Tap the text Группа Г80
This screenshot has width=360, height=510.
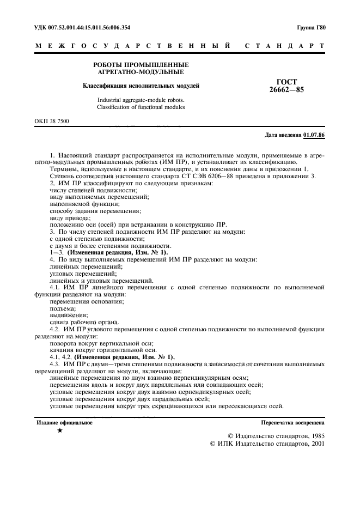click(x=312, y=27)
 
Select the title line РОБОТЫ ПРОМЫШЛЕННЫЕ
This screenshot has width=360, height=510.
click(x=141, y=64)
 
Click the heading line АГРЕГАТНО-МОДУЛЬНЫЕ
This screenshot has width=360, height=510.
click(x=141, y=71)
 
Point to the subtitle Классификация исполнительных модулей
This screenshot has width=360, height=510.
click(x=141, y=86)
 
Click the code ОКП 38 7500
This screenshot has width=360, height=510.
click(x=52, y=121)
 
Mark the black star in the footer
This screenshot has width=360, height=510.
click(x=59, y=431)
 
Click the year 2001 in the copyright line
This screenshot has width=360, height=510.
click(x=315, y=444)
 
